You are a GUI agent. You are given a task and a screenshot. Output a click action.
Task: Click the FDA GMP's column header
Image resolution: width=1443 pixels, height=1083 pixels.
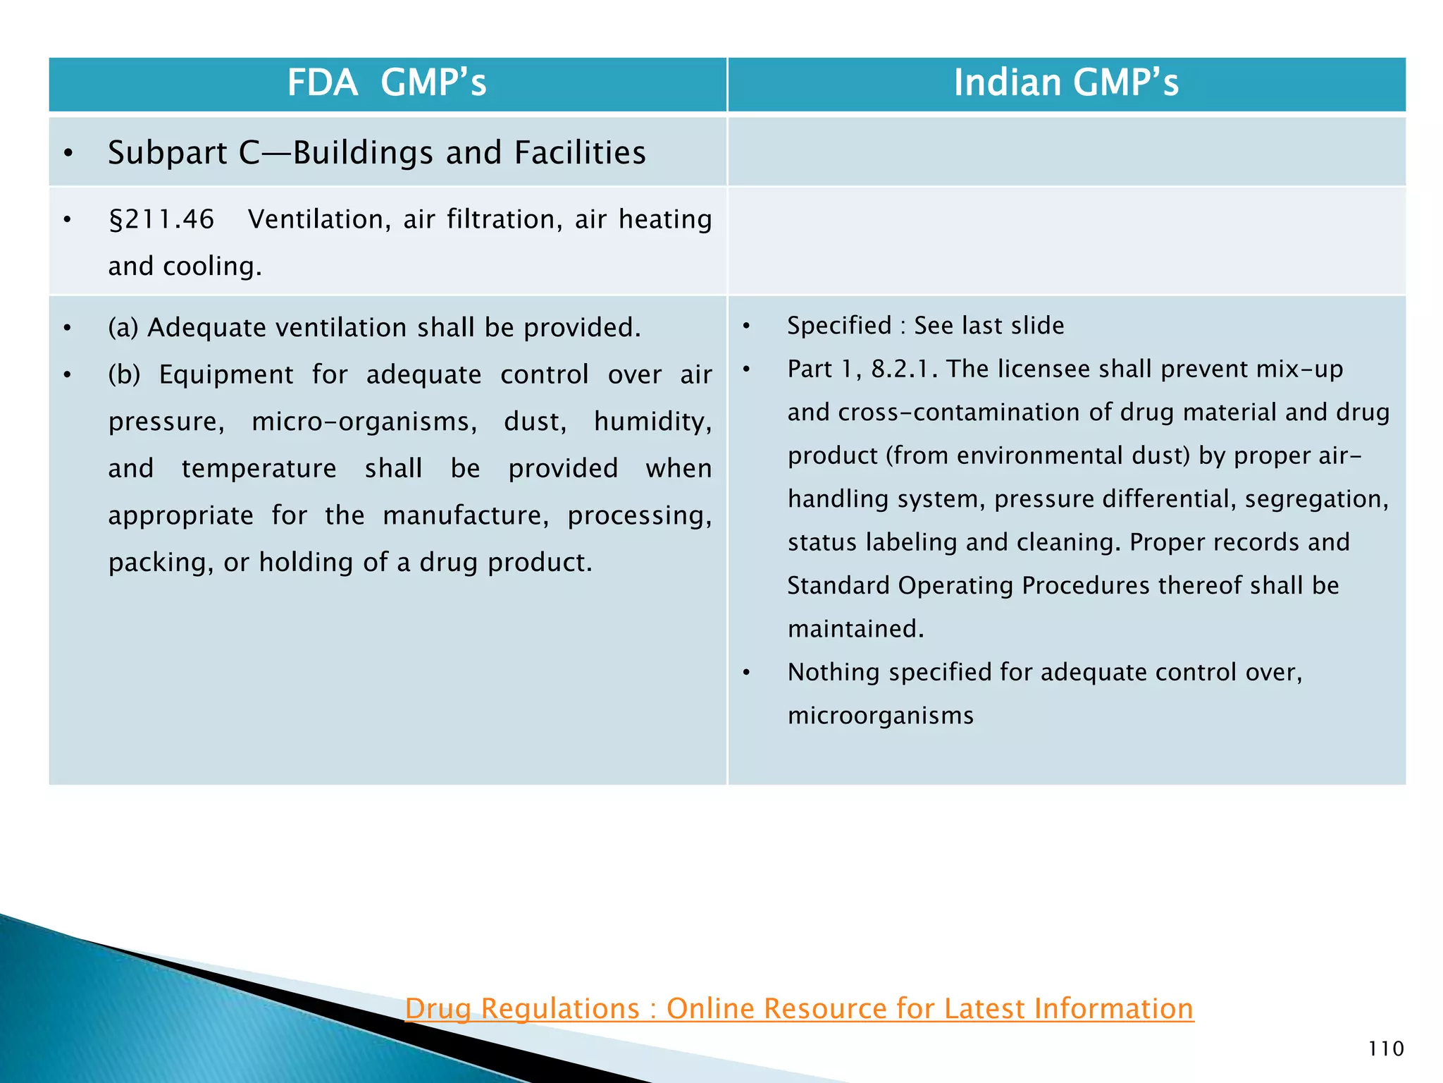[387, 83]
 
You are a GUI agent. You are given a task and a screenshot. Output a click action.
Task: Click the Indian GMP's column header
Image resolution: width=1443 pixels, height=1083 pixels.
[1065, 83]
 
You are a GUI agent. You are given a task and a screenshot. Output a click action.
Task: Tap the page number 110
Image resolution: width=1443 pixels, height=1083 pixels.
[1385, 1048]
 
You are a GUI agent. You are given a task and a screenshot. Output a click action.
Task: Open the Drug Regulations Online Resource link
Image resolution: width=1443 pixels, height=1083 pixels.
[799, 1008]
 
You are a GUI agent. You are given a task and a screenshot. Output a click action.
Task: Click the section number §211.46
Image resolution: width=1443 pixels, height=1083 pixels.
[161, 220]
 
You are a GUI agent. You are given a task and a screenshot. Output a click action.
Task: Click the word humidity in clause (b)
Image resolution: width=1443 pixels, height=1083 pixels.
[652, 422]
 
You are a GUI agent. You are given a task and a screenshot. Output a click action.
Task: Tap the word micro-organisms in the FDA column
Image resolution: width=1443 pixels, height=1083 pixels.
[364, 422]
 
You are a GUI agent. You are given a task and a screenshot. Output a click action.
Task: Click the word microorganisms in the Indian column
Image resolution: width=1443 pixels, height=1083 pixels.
[880, 716]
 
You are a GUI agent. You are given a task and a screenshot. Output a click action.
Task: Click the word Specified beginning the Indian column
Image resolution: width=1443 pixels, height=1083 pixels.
[839, 326]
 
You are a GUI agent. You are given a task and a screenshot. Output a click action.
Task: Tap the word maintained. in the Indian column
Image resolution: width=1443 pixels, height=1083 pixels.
[855, 629]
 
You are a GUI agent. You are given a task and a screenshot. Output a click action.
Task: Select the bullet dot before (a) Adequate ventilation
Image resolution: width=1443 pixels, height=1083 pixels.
[67, 329]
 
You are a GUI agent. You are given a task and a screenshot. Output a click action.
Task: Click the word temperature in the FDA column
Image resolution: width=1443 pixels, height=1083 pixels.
[259, 469]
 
